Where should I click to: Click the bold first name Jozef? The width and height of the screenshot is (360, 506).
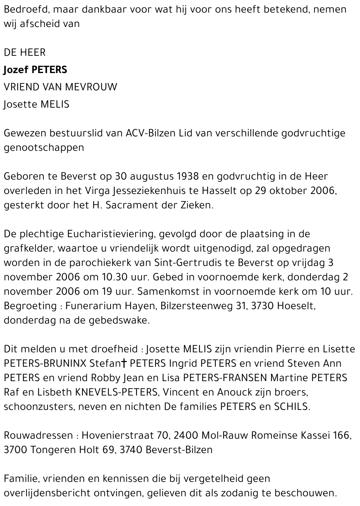tap(16, 69)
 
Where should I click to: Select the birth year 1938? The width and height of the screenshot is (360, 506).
tap(188, 176)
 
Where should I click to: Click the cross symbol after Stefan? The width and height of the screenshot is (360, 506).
tap(123, 363)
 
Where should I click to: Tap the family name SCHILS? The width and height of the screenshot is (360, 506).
tap(291, 407)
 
